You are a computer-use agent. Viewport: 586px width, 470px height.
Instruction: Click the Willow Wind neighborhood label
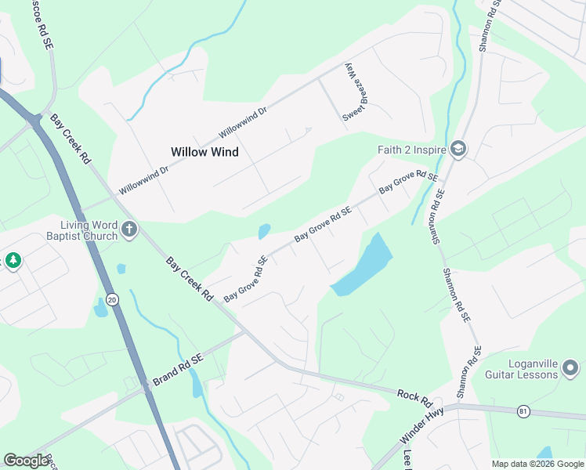204,152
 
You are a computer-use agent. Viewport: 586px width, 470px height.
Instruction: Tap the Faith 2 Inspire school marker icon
458,149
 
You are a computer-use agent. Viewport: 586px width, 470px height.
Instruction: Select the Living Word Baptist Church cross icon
129,230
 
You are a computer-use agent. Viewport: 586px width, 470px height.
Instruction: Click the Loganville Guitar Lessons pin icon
571,367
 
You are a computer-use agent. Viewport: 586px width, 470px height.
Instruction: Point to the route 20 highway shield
112,299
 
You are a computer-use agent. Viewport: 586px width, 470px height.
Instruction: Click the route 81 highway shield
523,411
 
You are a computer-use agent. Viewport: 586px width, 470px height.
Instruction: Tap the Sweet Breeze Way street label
354,92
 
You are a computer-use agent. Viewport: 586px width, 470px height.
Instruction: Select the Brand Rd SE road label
178,368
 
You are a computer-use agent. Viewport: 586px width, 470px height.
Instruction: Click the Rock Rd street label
414,398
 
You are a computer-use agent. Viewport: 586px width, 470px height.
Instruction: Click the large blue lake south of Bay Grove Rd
363,266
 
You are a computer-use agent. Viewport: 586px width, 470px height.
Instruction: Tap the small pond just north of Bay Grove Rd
264,232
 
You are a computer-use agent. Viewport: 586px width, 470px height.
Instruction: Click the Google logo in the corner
27,461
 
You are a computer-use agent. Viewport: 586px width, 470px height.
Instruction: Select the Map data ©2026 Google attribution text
537,464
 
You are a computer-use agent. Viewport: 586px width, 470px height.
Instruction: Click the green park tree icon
13,260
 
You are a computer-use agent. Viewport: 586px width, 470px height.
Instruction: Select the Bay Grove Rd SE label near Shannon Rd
407,184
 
